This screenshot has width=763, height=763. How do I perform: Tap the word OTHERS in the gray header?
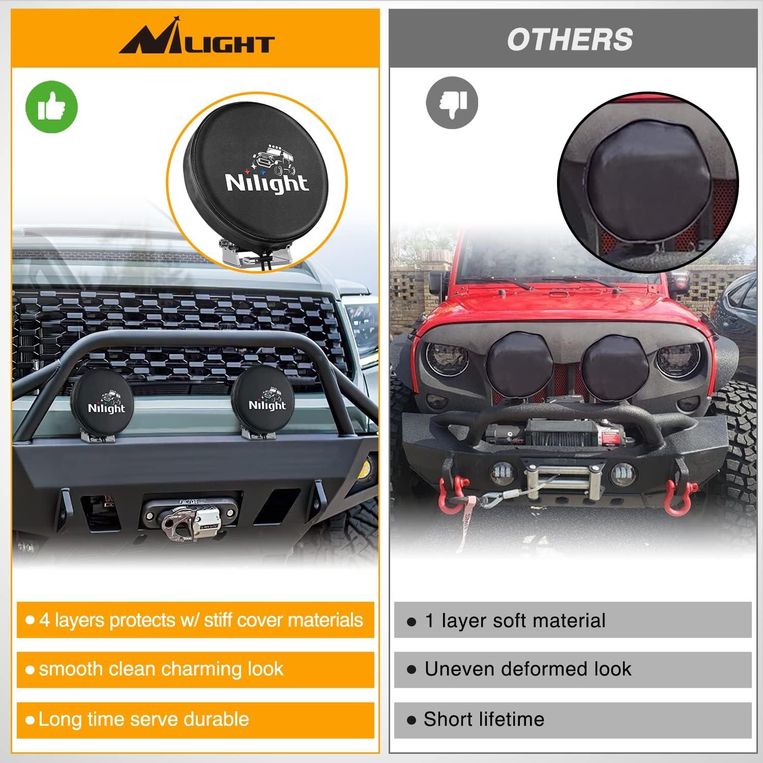click(x=570, y=40)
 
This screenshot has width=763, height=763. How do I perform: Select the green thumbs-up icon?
click(x=51, y=107)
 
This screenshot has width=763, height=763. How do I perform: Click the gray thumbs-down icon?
click(x=452, y=102)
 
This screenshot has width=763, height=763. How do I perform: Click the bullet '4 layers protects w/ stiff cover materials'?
click(x=195, y=620)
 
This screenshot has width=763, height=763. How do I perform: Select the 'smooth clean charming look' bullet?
click(x=195, y=669)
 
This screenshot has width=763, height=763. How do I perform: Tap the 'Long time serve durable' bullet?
click(x=195, y=719)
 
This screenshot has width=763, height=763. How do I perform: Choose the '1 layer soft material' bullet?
click(x=572, y=621)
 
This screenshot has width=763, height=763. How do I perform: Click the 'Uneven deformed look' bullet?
click(x=572, y=669)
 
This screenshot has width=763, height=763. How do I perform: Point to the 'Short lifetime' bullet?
click(x=572, y=719)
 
